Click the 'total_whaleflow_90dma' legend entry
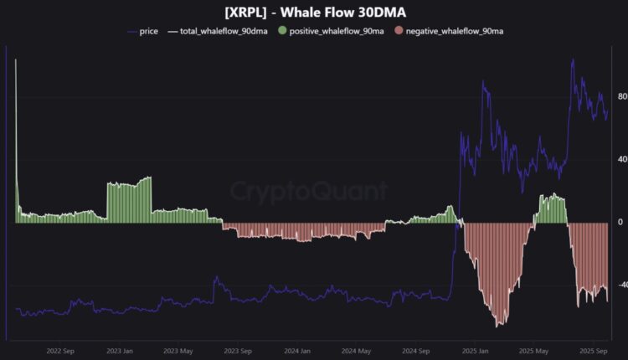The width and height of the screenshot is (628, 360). pyautogui.click(x=222, y=31)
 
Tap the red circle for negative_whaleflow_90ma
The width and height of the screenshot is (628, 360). pyautogui.click(x=399, y=31)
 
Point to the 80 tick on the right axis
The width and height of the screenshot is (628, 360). pyautogui.click(x=621, y=96)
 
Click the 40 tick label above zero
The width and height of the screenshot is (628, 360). pyautogui.click(x=621, y=159)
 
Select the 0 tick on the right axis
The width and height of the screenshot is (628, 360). pyautogui.click(x=620, y=222)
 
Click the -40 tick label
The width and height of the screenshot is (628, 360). pyautogui.click(x=621, y=285)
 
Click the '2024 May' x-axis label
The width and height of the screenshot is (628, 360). pyautogui.click(x=357, y=352)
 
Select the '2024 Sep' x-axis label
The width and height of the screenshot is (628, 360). pyautogui.click(x=416, y=352)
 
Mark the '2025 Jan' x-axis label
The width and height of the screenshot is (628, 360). pyautogui.click(x=475, y=352)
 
